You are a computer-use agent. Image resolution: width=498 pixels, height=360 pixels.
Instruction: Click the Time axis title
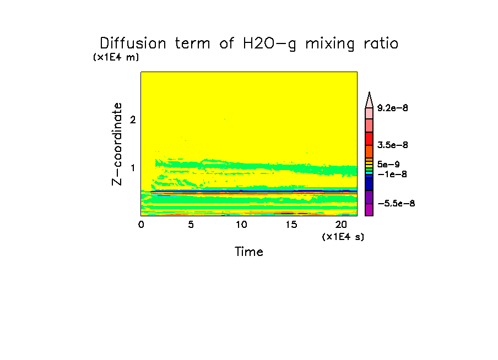click(x=249, y=252)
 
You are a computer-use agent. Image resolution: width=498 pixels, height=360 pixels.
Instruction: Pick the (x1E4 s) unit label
click(x=343, y=237)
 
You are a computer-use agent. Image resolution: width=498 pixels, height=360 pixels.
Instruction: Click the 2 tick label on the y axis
click(x=132, y=119)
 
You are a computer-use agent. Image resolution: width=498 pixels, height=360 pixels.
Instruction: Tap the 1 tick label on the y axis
click(x=132, y=167)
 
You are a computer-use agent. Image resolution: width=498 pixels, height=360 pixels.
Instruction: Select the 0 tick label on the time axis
click(x=141, y=225)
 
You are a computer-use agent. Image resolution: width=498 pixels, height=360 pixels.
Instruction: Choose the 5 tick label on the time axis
click(x=191, y=225)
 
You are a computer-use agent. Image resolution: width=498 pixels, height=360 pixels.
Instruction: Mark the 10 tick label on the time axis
click(x=241, y=225)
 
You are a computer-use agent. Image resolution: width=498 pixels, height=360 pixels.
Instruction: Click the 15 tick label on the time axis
click(x=291, y=225)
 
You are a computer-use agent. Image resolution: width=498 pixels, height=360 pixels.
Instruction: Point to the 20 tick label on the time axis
click(x=341, y=225)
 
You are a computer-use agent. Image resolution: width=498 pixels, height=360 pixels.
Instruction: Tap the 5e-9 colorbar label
click(x=388, y=164)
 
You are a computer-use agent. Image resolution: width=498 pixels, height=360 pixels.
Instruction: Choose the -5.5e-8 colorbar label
click(x=396, y=204)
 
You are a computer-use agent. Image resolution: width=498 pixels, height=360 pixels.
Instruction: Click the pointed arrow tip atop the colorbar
click(x=369, y=96)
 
